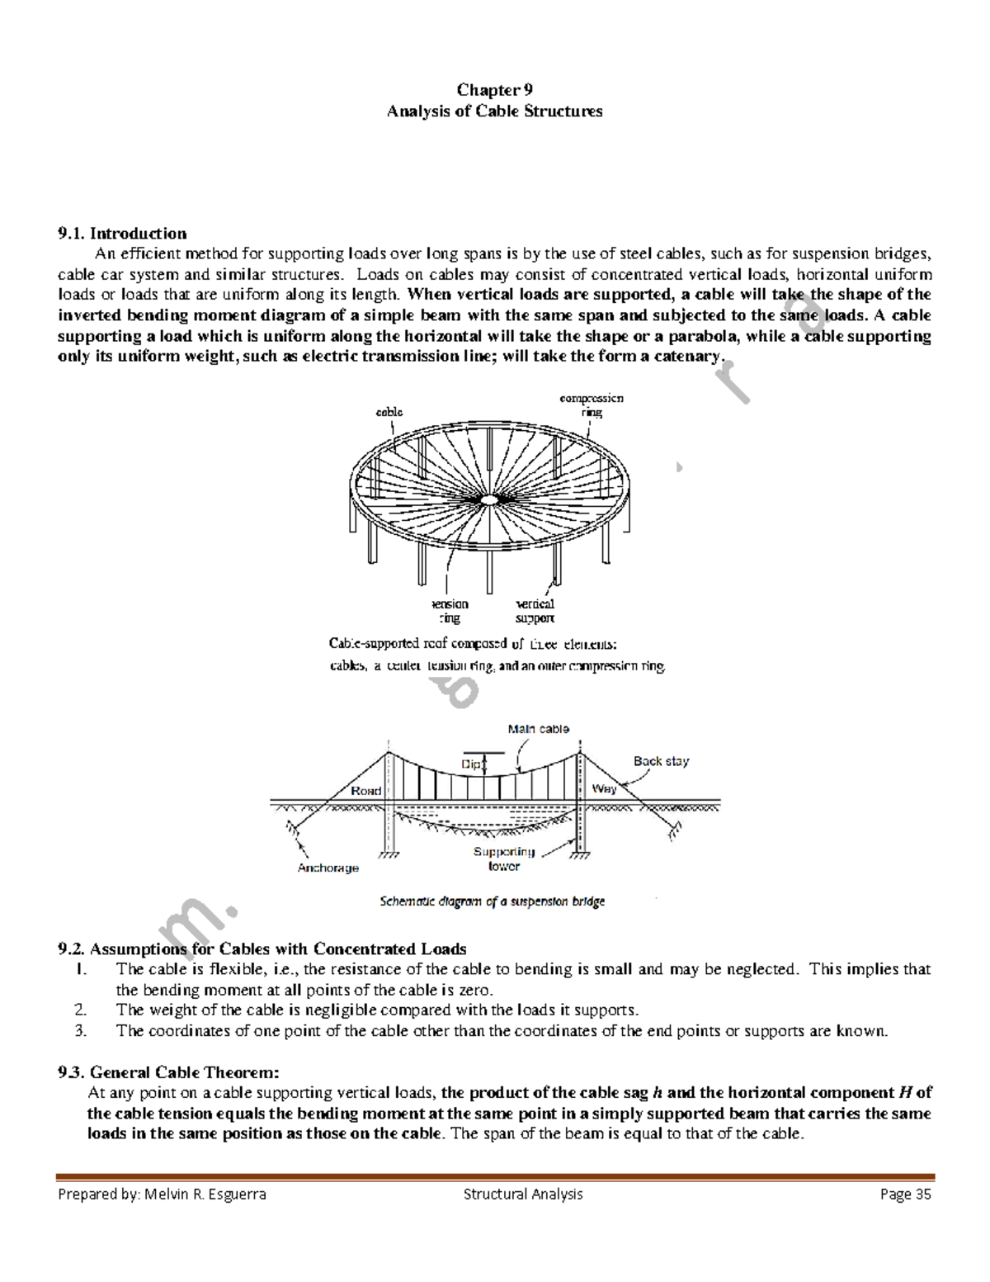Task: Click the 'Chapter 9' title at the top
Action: (494, 90)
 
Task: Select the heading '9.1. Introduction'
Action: (122, 234)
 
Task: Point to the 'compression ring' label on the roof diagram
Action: (592, 404)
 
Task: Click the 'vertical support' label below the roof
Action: (535, 611)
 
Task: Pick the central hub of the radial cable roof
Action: (489, 499)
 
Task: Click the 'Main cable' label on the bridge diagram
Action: (538, 729)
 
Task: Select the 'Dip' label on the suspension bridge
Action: (471, 764)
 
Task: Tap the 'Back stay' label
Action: (661, 761)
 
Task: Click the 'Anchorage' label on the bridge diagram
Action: (328, 868)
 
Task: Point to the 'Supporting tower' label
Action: (504, 859)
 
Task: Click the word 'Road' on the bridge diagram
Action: (366, 791)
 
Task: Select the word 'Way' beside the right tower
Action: (604, 788)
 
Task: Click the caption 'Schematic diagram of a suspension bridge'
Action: (493, 901)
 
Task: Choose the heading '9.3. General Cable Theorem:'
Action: (168, 1072)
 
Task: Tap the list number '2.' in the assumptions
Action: (80, 1010)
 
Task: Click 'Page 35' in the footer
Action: (906, 1194)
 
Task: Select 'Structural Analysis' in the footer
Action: (523, 1194)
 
